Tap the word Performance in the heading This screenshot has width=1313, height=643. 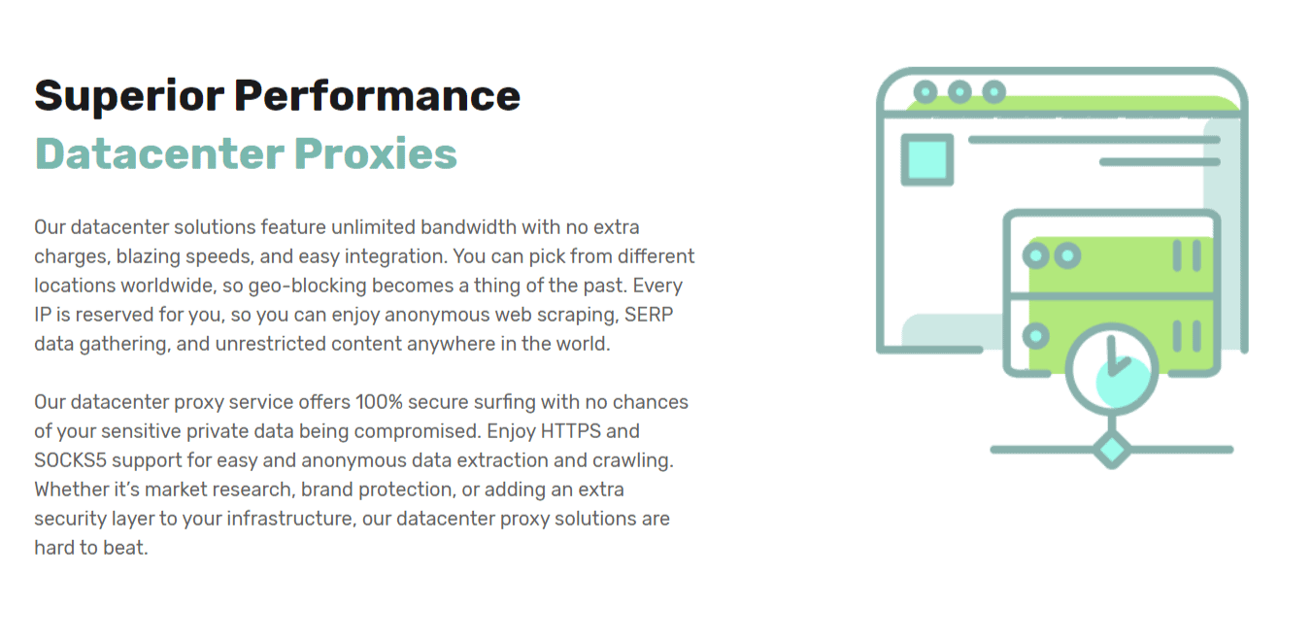pyautogui.click(x=377, y=95)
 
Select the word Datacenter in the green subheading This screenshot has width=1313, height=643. pyautogui.click(x=159, y=153)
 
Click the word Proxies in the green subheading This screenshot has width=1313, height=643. pyautogui.click(x=375, y=153)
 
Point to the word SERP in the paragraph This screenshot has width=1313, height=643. pyautogui.click(x=649, y=315)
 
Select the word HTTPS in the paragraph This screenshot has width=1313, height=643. pyautogui.click(x=570, y=431)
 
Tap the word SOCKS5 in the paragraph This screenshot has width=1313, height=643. pyautogui.click(x=70, y=460)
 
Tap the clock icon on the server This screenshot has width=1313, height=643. pyautogui.click(x=1111, y=369)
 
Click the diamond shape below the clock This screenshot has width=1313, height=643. pyautogui.click(x=1112, y=450)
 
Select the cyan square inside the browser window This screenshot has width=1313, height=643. pyautogui.click(x=926, y=160)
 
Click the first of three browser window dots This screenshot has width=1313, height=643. pyautogui.click(x=925, y=92)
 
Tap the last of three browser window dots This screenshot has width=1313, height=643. pyautogui.click(x=994, y=92)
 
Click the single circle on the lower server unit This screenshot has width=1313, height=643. pyautogui.click(x=1036, y=336)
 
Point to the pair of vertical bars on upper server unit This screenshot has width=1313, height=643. pyautogui.click(x=1187, y=255)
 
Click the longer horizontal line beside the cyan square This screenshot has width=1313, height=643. pyautogui.click(x=1094, y=140)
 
